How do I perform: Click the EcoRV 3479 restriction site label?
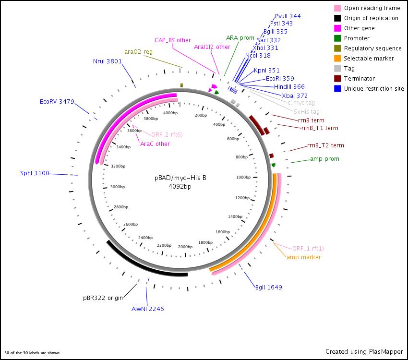pos(57,101)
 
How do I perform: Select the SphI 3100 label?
pos(35,173)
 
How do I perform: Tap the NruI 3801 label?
pos(108,61)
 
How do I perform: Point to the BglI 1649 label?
pos(269,288)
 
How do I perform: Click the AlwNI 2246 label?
pos(148,309)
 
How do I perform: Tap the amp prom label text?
pos(324,158)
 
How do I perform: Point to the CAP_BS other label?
pos(173,40)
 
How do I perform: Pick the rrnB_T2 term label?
pos(325,145)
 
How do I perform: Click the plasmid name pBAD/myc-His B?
pos(180,178)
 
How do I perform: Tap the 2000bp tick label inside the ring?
pos(185,247)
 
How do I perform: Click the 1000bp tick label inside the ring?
pos(243,177)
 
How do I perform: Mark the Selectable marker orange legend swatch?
pos(338,59)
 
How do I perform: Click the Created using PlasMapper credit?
pos(364,351)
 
